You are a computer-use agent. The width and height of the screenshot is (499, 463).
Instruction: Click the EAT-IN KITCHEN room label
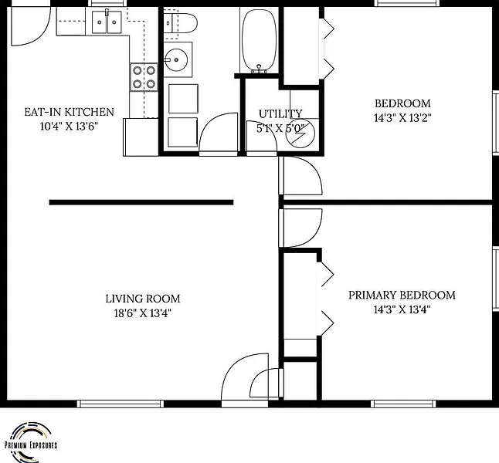(x=69, y=112)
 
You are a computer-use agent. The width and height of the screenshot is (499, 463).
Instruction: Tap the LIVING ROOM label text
(x=143, y=299)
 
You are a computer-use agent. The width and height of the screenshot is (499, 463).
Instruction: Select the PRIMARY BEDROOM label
(x=402, y=295)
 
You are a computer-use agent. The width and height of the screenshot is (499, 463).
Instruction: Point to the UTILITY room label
(x=280, y=113)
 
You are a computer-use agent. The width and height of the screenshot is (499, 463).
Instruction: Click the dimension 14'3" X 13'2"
(x=402, y=118)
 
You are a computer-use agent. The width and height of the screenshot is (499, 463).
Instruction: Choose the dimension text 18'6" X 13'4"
(x=143, y=313)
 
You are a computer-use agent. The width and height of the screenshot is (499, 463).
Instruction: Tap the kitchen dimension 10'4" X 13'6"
(x=69, y=127)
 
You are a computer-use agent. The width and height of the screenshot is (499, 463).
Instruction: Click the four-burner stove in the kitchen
(x=144, y=77)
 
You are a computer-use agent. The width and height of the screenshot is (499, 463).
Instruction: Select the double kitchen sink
(x=107, y=22)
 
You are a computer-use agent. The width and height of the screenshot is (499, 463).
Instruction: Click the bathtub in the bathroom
(x=259, y=40)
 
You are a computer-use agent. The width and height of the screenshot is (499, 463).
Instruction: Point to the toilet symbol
(x=181, y=23)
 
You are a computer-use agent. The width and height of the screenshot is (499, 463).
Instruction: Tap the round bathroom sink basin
(x=175, y=59)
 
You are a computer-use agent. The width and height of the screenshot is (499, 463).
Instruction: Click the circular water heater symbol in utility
(x=300, y=133)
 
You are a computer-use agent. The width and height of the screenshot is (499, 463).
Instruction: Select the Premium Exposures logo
(x=31, y=442)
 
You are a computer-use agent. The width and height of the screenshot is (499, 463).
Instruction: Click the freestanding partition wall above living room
(x=141, y=202)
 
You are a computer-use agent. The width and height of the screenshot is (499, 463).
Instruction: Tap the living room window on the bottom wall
(x=121, y=404)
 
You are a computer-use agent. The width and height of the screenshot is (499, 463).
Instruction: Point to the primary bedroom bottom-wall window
(x=403, y=404)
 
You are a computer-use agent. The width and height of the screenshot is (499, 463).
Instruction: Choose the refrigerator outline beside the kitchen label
(x=141, y=137)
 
